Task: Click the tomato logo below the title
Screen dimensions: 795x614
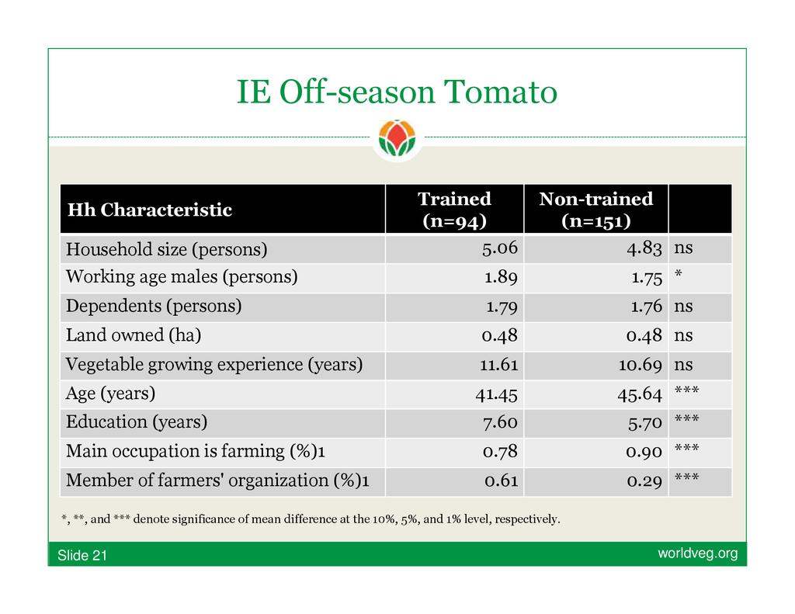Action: (x=397, y=138)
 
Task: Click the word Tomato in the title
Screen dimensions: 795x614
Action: (x=501, y=92)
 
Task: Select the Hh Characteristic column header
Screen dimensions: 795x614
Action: (x=150, y=210)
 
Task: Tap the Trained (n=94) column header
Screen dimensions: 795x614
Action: (x=454, y=210)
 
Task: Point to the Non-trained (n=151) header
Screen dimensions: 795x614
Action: (x=595, y=210)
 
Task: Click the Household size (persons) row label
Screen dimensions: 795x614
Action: (x=166, y=249)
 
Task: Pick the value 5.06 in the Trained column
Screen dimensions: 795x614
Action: (x=500, y=248)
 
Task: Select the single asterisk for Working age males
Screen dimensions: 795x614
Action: (x=679, y=274)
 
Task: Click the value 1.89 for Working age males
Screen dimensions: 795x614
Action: (x=501, y=277)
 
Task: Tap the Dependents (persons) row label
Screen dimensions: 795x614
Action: (x=154, y=307)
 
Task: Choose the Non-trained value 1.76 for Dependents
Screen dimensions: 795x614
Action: (x=647, y=307)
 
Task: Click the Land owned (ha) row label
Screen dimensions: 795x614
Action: (x=134, y=335)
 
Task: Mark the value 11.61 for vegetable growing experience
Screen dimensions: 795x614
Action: (x=499, y=365)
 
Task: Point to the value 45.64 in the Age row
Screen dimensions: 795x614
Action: (x=640, y=394)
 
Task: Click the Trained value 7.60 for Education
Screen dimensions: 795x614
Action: (x=500, y=422)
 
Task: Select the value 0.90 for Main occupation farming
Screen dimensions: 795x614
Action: (x=644, y=452)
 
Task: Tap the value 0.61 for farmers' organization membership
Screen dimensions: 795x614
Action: (x=501, y=480)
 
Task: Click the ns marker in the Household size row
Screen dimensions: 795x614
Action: (x=683, y=248)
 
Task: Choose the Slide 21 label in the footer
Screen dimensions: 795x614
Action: (x=82, y=556)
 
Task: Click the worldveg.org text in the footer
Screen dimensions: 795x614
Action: (x=698, y=553)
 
